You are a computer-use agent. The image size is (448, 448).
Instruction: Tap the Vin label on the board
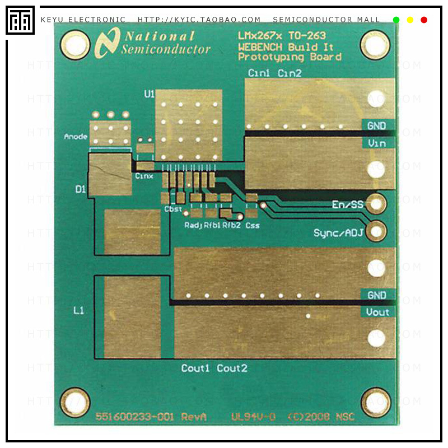377,143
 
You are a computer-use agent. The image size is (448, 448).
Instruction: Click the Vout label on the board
377,312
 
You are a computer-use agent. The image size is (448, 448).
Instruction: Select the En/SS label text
347,205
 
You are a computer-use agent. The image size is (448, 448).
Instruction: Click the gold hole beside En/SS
376,204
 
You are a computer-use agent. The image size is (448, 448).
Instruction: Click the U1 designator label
149,95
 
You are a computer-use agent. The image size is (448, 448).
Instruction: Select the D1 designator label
81,190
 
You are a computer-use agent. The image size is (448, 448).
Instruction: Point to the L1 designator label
79,310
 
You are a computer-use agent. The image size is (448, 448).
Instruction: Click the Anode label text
76,136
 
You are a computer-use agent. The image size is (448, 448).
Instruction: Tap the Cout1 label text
195,368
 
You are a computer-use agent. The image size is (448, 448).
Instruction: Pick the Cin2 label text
290,73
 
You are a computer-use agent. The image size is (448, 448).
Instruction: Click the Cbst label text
173,209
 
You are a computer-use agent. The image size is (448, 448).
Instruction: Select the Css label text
253,225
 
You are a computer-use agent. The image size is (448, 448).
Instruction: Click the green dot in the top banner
396,20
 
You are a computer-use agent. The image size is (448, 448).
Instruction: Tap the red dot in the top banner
424,20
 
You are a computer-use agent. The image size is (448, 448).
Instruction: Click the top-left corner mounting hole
75,45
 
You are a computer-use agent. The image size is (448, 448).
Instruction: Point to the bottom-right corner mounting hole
375,402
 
